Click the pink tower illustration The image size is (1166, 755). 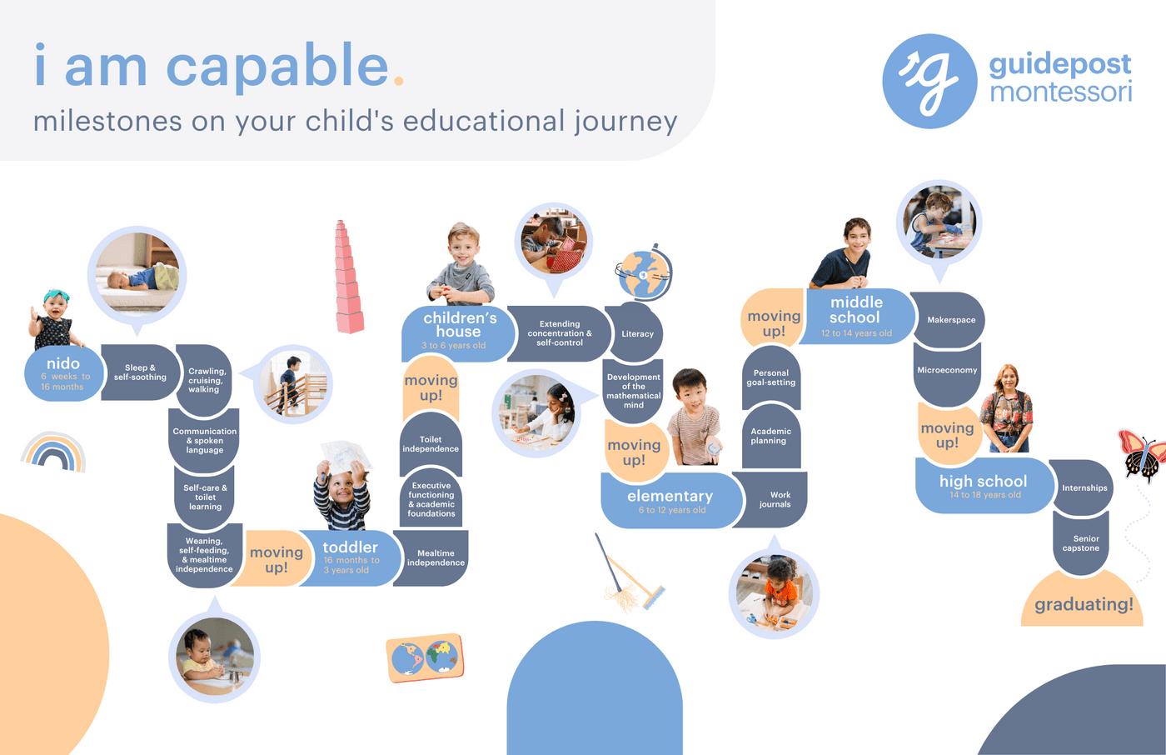348,277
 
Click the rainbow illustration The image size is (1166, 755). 53,452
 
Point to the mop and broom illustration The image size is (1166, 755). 630,572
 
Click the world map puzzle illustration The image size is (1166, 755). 426,657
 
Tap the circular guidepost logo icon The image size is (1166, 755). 929,81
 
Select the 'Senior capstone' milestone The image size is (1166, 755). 1081,543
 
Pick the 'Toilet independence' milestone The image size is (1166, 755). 431,444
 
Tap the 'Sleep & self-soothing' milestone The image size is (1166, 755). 140,372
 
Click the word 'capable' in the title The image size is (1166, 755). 277,67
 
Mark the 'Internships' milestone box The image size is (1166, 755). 1084,487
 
